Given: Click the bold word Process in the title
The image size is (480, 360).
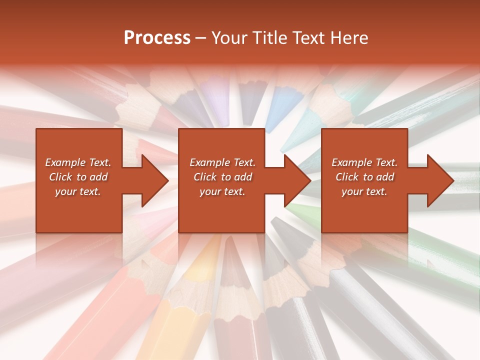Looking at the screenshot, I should point(157,38).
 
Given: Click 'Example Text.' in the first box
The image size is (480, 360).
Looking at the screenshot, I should point(78,162).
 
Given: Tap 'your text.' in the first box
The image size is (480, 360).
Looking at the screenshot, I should point(78,191).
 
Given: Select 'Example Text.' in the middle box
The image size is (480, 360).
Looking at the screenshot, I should point(222,162).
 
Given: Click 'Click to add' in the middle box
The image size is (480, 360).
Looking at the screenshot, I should point(222,177).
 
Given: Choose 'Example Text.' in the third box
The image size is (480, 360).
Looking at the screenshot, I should point(364,162).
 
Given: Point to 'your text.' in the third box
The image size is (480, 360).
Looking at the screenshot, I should point(364,191).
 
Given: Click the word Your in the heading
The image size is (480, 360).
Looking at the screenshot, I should point(228,38).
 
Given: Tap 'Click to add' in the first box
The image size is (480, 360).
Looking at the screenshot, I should point(78,177).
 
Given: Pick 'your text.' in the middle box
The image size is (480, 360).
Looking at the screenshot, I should point(222,191).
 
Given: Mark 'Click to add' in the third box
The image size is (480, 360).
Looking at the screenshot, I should point(364,177).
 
